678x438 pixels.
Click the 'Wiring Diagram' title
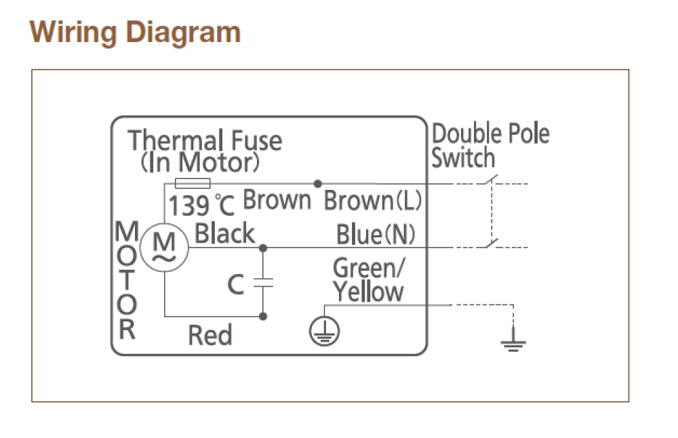click(x=135, y=33)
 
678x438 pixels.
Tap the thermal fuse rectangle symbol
click(x=193, y=183)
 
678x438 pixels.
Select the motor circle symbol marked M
click(x=165, y=247)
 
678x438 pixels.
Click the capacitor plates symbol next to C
click(x=263, y=283)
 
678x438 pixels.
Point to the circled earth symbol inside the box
click(x=324, y=331)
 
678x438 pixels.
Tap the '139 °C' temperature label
click(x=201, y=205)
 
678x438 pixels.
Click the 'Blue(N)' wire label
click(x=376, y=235)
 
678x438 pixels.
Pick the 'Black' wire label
click(x=225, y=233)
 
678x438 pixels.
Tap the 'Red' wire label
click(x=210, y=335)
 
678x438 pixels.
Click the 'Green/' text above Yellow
click(x=369, y=268)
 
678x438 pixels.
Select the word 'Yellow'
click(x=368, y=292)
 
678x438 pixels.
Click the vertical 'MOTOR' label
click(x=127, y=280)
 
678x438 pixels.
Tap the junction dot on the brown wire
click(x=318, y=183)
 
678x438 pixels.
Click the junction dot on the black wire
click(x=263, y=247)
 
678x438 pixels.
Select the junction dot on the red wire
click(x=263, y=317)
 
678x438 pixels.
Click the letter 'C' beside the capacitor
click(x=236, y=285)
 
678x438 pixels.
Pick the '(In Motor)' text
click(x=200, y=163)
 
